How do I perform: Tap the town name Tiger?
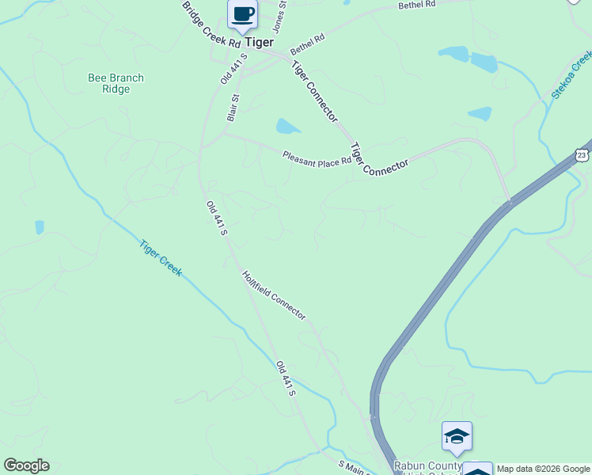[x=259, y=42]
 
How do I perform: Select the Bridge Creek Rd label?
[x=210, y=26]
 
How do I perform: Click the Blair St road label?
[x=232, y=109]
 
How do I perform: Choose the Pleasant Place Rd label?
[x=317, y=158]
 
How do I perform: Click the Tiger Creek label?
[x=161, y=258]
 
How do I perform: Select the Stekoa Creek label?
[x=571, y=75]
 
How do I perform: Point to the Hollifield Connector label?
[x=273, y=294]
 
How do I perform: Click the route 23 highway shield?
[x=583, y=154]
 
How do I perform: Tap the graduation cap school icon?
[x=457, y=435]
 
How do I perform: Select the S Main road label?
[x=354, y=468]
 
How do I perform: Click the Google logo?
[x=26, y=465]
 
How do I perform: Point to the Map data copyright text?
[x=543, y=469]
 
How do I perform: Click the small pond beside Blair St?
[x=287, y=126]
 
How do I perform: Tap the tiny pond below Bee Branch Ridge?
[x=40, y=227]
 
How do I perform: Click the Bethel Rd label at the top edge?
[x=417, y=5]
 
